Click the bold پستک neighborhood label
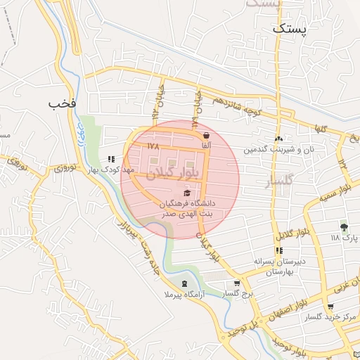(290, 29)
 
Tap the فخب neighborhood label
(62, 103)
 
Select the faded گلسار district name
(268, 184)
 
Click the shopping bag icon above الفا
(205, 136)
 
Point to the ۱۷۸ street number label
(154, 146)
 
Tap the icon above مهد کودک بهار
(110, 160)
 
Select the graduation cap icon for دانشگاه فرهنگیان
(187, 193)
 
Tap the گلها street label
(323, 129)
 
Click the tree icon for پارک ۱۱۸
(343, 227)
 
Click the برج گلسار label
(233, 292)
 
